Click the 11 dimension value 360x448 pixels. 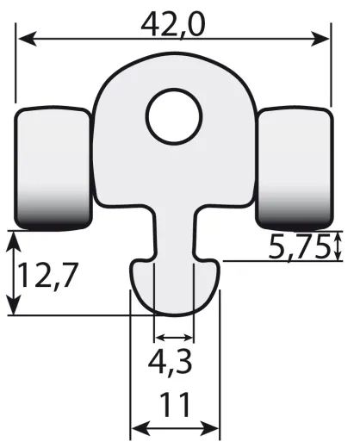[x=174, y=404]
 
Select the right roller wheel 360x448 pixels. [x=295, y=168]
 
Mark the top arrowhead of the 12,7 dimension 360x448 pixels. [x=14, y=237]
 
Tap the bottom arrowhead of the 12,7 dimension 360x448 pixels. [x=14, y=308]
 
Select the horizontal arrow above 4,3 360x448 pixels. [x=173, y=337]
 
